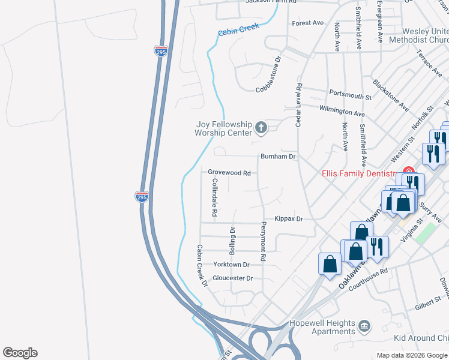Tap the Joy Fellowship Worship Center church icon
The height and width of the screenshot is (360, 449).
(x=261, y=127)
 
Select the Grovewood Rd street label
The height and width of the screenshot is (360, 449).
(x=229, y=172)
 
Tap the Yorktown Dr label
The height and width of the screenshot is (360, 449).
(x=231, y=265)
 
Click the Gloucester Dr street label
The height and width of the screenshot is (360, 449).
(x=233, y=278)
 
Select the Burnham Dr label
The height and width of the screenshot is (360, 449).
(x=279, y=157)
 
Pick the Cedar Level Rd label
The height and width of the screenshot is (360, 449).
(x=298, y=105)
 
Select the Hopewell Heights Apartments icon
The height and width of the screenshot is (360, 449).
(x=364, y=326)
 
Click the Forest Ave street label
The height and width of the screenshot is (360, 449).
(x=307, y=23)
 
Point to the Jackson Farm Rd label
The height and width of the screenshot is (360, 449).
(x=271, y=2)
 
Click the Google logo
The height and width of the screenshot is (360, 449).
(x=20, y=353)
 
